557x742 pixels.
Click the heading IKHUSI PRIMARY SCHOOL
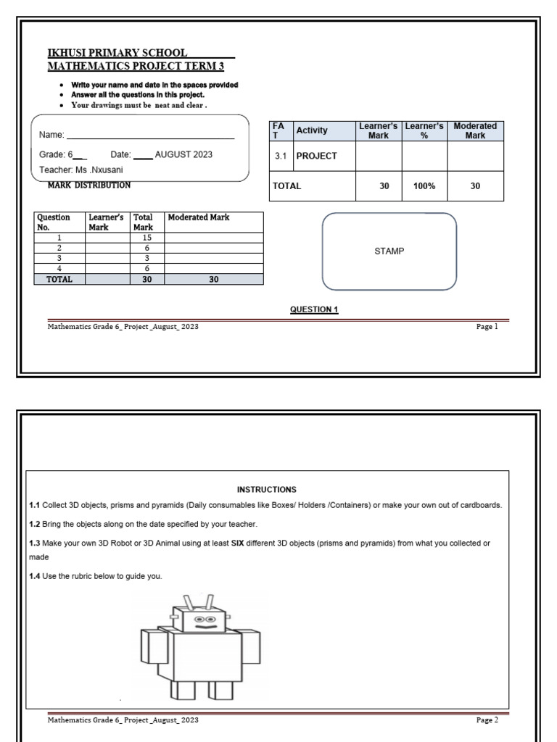pos(117,53)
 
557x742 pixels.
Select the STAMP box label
pos(389,251)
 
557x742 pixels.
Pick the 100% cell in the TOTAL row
pos(424,186)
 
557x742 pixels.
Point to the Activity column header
pos(312,130)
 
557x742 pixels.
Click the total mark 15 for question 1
pos(147,237)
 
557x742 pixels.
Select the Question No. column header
pos(54,222)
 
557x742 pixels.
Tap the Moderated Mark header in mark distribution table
pos(198,217)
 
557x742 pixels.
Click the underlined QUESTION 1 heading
pos(314,309)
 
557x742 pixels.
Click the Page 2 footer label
pos(487,720)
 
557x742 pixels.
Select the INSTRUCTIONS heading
pos(267,490)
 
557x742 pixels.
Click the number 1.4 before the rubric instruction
pos(35,576)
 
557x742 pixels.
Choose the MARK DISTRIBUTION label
pos(89,185)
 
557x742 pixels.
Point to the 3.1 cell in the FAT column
pos(281,156)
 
